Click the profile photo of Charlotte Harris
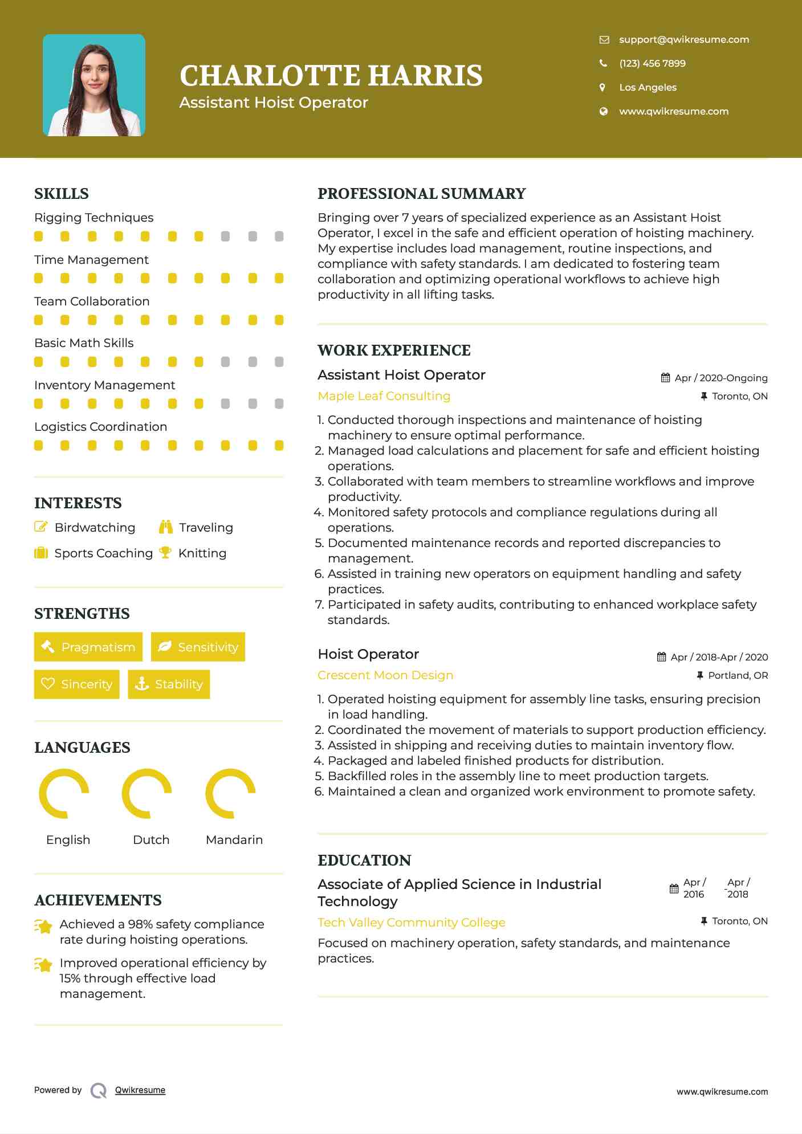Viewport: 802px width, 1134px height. point(94,85)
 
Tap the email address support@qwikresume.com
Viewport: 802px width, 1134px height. point(684,39)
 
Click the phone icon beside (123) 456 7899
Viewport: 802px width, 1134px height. point(604,63)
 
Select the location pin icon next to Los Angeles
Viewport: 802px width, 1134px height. point(603,87)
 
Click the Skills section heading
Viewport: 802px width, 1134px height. point(62,194)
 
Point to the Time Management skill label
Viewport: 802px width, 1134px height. point(91,260)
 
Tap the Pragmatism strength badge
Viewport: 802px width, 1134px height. point(88,647)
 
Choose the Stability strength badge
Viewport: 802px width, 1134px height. point(169,684)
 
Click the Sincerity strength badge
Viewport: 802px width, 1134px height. point(77,684)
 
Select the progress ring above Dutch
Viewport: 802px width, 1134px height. point(147,793)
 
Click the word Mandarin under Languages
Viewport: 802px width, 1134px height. point(234,839)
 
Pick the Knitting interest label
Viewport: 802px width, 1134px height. point(202,553)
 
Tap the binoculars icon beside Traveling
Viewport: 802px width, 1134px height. point(166,527)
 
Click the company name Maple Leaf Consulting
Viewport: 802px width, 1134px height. point(384,396)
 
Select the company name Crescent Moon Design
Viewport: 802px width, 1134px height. point(385,675)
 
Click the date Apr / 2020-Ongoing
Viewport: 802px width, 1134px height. point(720,378)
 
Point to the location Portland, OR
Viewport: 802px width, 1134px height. point(738,675)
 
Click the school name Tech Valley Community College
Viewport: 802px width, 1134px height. point(412,922)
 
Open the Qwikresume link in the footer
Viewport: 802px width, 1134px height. point(140,1090)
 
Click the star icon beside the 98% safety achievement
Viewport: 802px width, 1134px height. point(43,926)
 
